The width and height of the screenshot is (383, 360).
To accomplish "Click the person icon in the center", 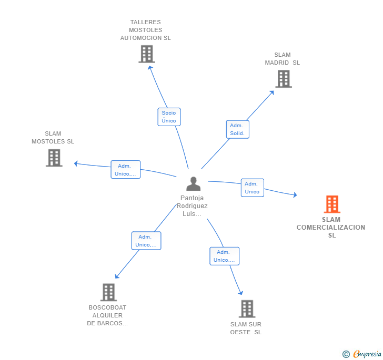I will point(194,184).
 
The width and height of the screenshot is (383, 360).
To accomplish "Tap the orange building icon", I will point(331,204).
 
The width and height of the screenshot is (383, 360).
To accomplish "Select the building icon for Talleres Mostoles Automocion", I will point(146,54).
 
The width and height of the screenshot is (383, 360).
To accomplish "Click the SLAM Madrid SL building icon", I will point(283,79).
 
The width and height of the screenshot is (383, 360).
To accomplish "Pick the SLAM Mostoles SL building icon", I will point(54,158).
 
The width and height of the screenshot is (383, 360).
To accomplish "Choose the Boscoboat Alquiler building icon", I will point(108,292).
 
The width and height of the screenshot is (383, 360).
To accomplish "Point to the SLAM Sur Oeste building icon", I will point(247,309).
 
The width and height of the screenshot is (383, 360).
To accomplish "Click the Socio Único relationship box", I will point(169,117).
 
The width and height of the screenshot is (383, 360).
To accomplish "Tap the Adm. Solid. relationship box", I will point(237,129).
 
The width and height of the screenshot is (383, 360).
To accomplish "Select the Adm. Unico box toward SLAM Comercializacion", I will point(252,188).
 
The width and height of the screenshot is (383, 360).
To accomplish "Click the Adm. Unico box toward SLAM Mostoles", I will point(125,170).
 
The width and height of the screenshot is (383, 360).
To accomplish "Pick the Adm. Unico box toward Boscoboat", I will point(146,241).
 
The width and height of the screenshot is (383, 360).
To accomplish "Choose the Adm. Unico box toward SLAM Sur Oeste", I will point(224,256).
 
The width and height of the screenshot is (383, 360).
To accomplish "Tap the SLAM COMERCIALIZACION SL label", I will point(331,227).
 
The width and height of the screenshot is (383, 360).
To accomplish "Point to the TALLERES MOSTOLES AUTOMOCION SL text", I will point(145,30).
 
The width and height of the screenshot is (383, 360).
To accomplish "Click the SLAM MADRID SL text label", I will point(283,59).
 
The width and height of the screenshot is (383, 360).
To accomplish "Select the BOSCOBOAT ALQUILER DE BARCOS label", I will point(107,315).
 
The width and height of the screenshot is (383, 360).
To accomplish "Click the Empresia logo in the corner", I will point(362,354).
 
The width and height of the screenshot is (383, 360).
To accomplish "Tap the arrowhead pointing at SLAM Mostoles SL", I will point(76,163).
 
